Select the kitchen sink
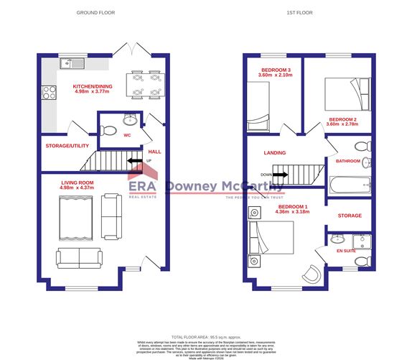click(x=72, y=63)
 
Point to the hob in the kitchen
click(x=50, y=92)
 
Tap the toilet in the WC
click(x=109, y=129)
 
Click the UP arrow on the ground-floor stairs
click(x=134, y=160)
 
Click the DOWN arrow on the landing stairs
click(x=281, y=174)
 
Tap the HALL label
click(x=154, y=152)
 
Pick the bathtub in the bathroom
click(x=350, y=184)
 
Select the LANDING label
click(x=274, y=152)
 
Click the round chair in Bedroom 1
click(x=314, y=273)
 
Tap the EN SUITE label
click(x=345, y=251)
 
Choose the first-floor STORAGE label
click(x=350, y=216)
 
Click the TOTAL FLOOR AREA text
click(x=206, y=336)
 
